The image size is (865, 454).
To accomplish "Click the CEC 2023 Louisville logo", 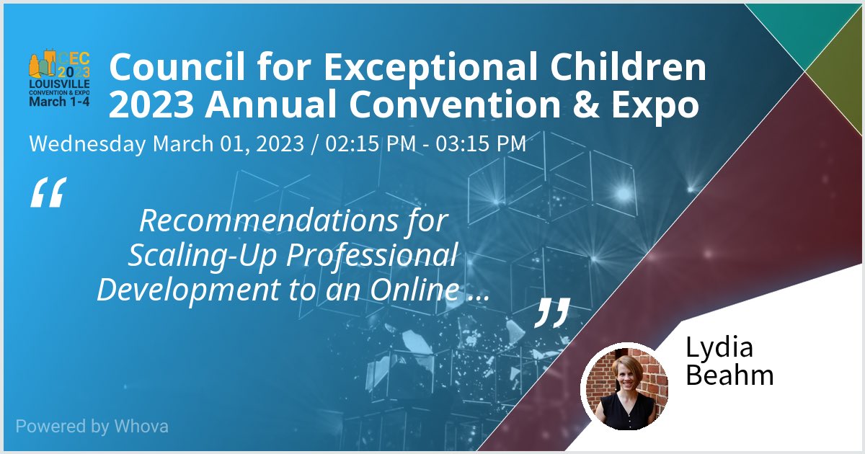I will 59,80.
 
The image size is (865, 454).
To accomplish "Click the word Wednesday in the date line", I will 86,143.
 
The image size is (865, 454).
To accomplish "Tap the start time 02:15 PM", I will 371,143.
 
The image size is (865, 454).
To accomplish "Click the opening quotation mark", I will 48,193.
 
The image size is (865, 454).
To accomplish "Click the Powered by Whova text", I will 92,426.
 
